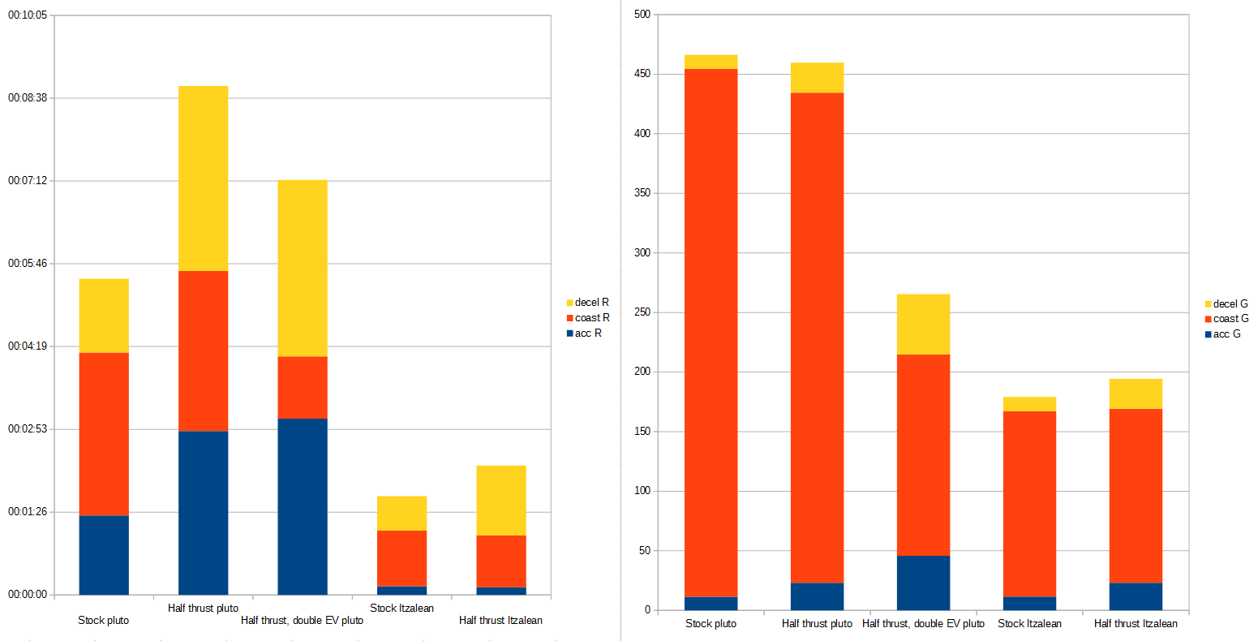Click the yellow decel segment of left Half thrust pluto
(203, 179)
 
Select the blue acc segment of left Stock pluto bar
(104, 555)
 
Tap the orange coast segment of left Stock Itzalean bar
(401, 558)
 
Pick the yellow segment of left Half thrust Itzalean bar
(500, 500)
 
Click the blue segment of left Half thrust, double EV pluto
(302, 506)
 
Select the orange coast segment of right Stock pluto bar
(711, 333)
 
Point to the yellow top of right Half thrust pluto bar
(817, 78)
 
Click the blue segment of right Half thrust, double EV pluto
(923, 583)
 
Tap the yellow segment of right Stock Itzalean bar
(1029, 404)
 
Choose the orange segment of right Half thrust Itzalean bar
(1136, 496)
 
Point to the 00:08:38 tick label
(28, 97)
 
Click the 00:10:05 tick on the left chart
(28, 15)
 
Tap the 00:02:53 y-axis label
(28, 428)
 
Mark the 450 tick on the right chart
(642, 74)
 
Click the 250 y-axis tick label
(642, 312)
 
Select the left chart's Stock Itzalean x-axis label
(401, 608)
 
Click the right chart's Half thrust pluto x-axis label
(817, 623)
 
